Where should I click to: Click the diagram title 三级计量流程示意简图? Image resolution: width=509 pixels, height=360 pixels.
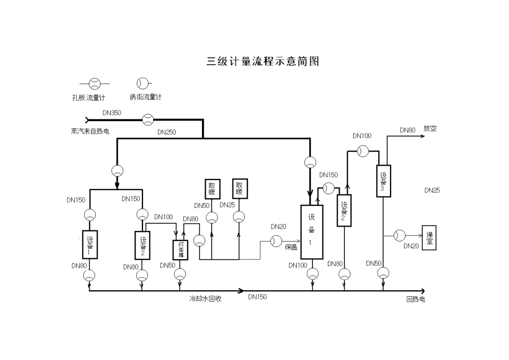(x=263, y=61)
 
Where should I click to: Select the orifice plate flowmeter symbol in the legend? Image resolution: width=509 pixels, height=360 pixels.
(x=94, y=84)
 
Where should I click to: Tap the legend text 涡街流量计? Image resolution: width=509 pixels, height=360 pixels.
(x=145, y=97)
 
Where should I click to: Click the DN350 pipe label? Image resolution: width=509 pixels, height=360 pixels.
(x=112, y=113)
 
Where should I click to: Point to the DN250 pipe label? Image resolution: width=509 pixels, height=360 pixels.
(x=167, y=132)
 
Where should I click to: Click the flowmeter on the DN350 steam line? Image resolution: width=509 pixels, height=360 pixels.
(x=147, y=119)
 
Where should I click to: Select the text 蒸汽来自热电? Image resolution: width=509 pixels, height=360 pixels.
(x=90, y=131)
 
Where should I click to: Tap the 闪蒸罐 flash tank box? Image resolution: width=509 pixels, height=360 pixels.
(x=181, y=250)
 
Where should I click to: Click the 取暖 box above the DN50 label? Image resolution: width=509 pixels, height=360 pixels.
(x=212, y=189)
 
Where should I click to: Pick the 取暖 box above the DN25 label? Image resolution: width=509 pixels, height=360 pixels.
(x=239, y=189)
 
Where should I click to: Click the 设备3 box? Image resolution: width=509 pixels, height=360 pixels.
(x=383, y=181)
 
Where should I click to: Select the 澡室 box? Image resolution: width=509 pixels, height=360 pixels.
(x=429, y=237)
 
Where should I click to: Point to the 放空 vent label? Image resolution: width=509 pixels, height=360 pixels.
(x=430, y=129)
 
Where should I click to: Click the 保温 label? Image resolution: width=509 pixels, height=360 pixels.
(x=291, y=247)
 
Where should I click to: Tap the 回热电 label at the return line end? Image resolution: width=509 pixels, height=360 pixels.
(x=415, y=299)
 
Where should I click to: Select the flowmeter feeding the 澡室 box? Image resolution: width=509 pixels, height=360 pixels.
(x=400, y=235)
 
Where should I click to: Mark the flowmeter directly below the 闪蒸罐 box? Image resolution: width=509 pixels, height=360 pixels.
(x=181, y=274)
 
